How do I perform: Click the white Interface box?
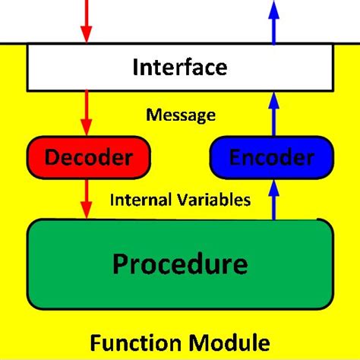coord(179,67)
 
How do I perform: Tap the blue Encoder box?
coord(271,158)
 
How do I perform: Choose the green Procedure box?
coord(179,263)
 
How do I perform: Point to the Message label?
coord(181,115)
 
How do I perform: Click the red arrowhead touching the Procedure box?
coord(87,211)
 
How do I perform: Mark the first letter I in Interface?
coord(136,67)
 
